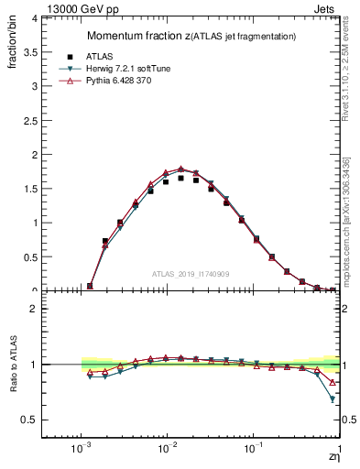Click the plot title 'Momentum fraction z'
click(x=137, y=36)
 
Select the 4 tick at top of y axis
click(x=33, y=18)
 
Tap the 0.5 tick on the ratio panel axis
click(x=29, y=420)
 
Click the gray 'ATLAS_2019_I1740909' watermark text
click(x=190, y=273)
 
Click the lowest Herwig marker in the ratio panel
click(x=332, y=399)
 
